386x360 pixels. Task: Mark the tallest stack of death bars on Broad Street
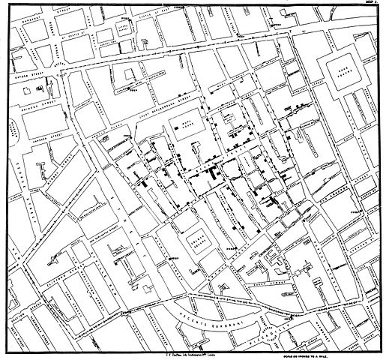(x=214, y=171)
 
